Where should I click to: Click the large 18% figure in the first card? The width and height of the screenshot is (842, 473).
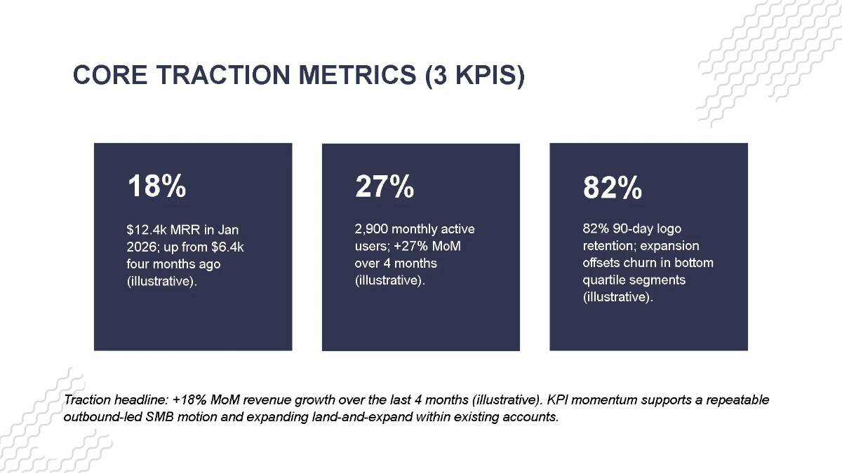tap(156, 187)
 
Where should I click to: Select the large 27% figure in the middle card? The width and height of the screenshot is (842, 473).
tap(384, 187)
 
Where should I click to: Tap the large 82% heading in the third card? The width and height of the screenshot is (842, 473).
tap(612, 188)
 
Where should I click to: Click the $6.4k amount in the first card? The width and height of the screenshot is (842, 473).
tap(227, 247)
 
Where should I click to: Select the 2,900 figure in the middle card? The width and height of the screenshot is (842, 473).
tap(371, 229)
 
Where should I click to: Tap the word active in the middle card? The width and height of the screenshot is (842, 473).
tap(457, 229)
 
